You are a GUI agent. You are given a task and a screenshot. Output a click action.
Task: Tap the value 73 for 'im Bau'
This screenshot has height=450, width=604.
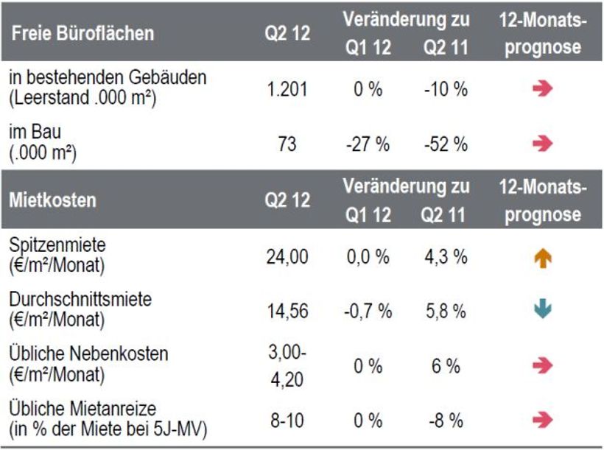point(287,144)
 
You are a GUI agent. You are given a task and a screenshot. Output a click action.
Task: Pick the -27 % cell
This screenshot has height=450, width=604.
point(368,144)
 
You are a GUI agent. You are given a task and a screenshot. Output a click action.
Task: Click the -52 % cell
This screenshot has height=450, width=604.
point(446,144)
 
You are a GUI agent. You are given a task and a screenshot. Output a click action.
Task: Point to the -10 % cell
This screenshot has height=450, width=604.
point(446,90)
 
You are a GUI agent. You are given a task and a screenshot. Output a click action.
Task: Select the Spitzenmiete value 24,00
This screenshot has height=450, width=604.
point(287,257)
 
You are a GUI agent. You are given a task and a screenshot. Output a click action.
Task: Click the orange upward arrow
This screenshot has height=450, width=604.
point(542,259)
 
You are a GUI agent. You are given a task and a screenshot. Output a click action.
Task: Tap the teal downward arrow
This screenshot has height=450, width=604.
point(542,311)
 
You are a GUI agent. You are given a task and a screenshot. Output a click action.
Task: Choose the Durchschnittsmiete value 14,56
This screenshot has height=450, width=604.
point(287,312)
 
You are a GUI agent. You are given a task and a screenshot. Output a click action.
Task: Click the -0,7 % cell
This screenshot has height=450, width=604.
point(368,312)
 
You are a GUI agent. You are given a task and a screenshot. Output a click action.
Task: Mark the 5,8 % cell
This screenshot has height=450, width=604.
point(446,312)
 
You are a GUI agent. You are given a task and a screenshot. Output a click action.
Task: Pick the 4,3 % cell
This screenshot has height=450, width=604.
point(446,257)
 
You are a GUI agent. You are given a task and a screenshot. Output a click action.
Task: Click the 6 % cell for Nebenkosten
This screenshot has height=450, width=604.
point(446,366)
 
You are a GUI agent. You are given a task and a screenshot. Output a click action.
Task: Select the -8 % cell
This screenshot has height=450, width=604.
point(446,421)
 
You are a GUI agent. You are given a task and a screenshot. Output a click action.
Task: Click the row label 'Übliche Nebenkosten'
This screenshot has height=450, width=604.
point(89,354)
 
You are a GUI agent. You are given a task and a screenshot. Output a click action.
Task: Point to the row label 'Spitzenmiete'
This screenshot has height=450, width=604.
point(57,245)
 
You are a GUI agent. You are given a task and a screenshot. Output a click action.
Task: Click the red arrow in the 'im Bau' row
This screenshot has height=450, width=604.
point(542,144)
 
